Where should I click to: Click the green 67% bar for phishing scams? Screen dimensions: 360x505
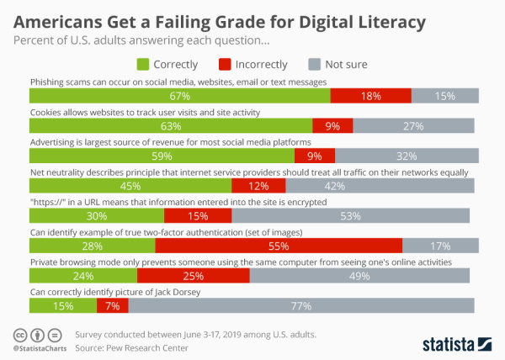click(x=179, y=96)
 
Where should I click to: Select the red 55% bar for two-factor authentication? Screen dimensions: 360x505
click(x=279, y=246)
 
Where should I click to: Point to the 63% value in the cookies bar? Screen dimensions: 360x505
click(x=171, y=126)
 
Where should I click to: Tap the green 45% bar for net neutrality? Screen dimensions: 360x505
click(x=130, y=186)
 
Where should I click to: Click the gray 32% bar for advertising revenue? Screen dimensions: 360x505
click(x=406, y=156)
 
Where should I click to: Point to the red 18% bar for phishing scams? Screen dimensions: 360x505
click(x=370, y=96)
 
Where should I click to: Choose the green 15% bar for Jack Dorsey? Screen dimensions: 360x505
click(x=63, y=305)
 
